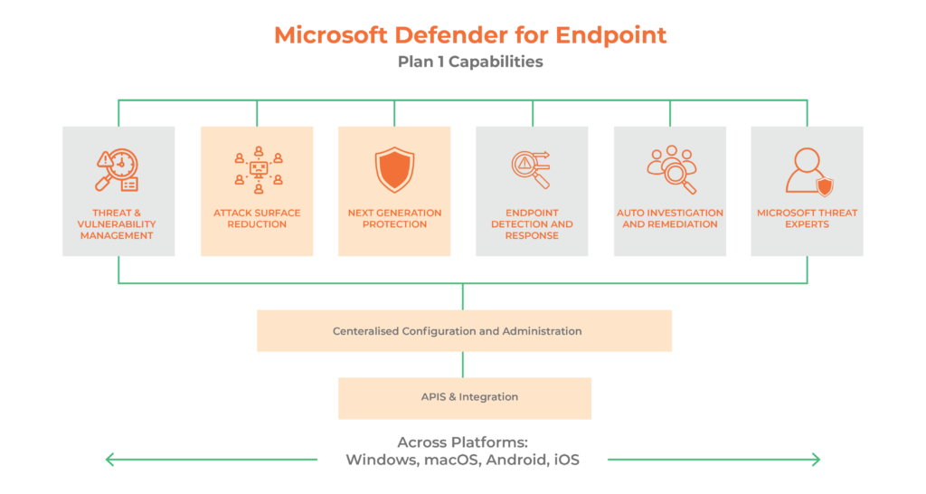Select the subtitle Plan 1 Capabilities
pos(470,62)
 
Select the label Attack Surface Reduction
pos(257,219)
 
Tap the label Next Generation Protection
pos(394,219)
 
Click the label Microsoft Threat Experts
pos(808,219)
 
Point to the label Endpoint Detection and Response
pos(532,224)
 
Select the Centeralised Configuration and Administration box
pos(464,331)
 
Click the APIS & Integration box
pos(464,397)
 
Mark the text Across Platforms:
pos(463,442)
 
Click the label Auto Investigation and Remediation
pos(670,219)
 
